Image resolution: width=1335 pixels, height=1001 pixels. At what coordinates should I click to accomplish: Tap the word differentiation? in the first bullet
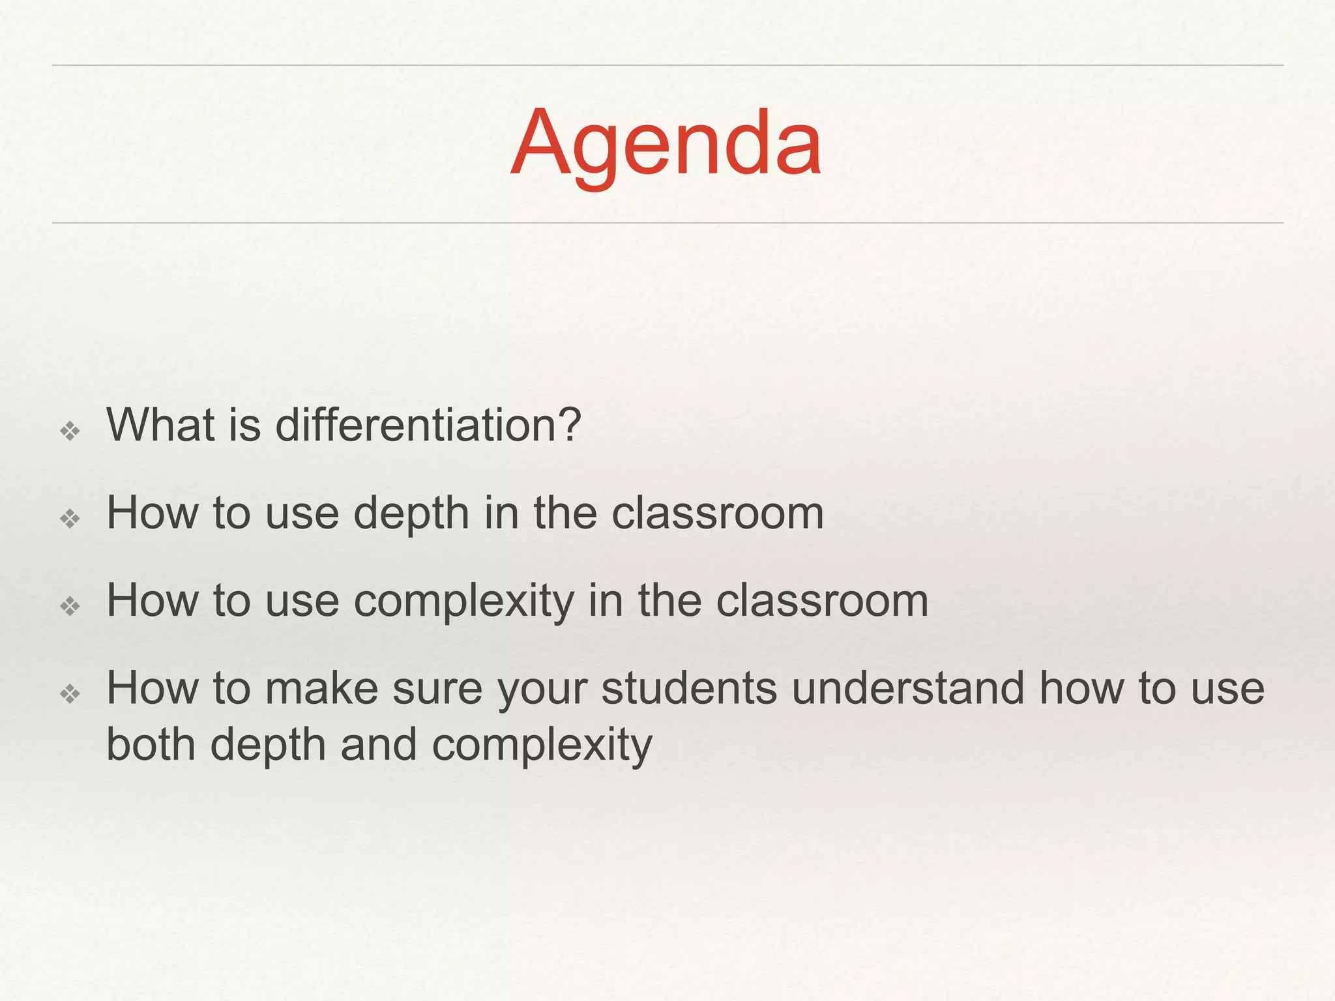[x=428, y=425]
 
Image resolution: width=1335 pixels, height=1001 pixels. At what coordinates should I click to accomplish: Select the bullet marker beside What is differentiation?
[x=70, y=431]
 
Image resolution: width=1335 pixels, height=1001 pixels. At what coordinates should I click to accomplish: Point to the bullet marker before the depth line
[x=70, y=519]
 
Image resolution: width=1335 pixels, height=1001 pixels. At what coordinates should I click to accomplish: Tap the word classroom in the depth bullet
[x=718, y=513]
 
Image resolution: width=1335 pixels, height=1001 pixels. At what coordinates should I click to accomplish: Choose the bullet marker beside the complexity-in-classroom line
[x=70, y=607]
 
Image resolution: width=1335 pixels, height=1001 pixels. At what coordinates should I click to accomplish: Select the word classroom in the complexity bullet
[x=822, y=601]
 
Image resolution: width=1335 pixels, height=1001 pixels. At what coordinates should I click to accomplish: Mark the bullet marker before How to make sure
[x=70, y=693]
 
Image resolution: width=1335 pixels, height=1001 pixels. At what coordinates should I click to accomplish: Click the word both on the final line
[x=151, y=744]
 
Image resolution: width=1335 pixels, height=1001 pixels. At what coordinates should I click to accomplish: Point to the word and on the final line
[x=379, y=744]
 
